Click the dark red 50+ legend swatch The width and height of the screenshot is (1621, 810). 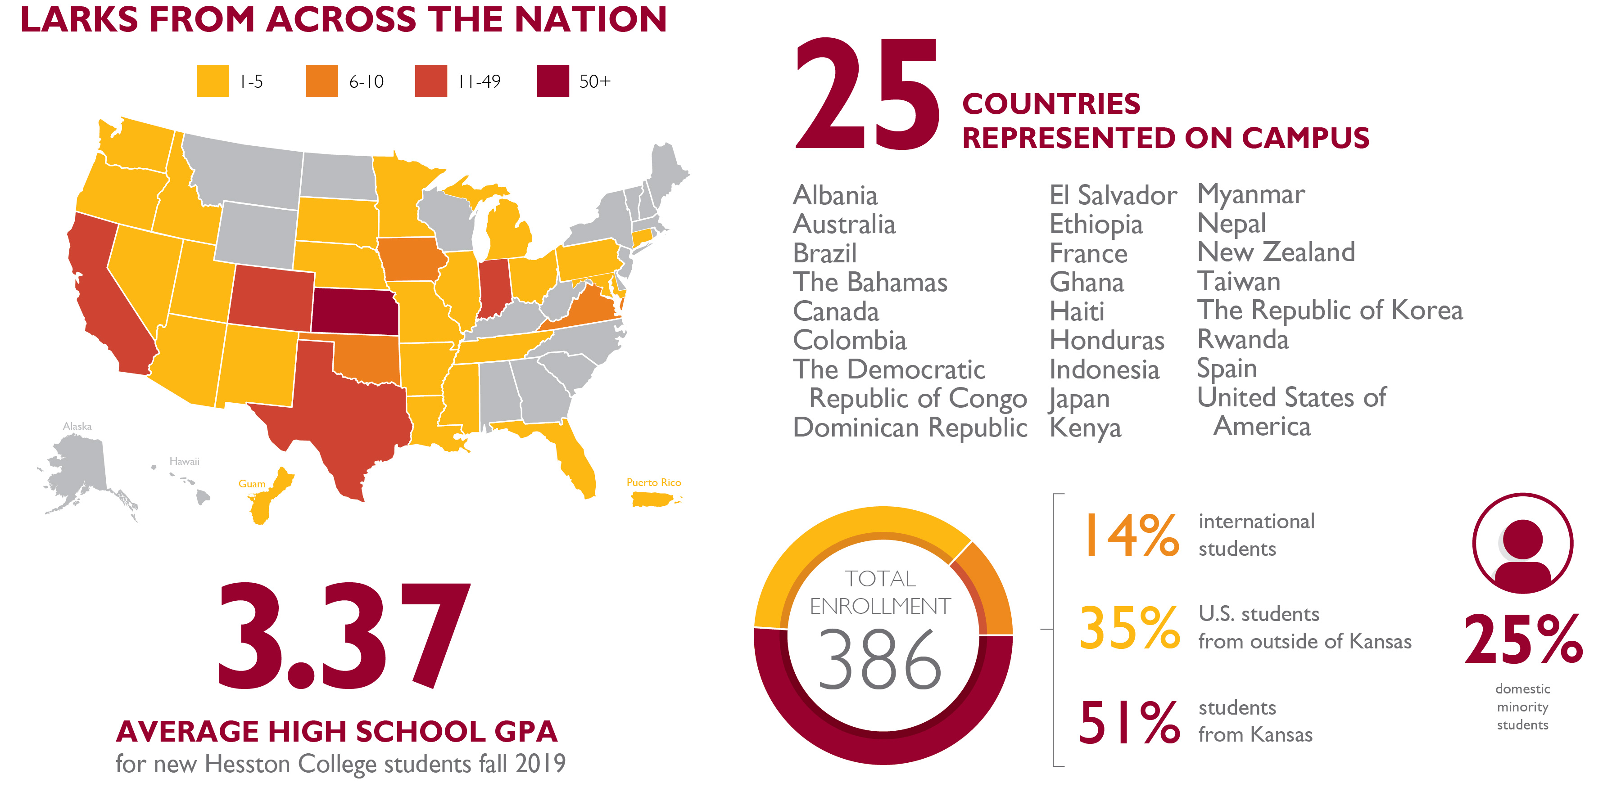552,81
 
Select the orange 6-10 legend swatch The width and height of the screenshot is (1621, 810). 321,81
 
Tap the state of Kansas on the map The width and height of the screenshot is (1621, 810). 354,312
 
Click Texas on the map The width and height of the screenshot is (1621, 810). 340,409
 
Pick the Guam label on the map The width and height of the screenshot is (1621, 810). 252,484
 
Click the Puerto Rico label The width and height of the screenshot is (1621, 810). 653,482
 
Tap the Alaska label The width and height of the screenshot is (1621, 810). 77,427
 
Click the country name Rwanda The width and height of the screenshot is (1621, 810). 1243,340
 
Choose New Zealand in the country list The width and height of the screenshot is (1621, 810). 1276,252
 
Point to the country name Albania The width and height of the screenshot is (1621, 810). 835,196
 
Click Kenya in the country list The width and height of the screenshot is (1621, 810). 1085,427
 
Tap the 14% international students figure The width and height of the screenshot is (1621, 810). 1130,535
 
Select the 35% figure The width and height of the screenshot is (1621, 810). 1130,628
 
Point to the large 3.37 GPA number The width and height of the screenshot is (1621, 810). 344,635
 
